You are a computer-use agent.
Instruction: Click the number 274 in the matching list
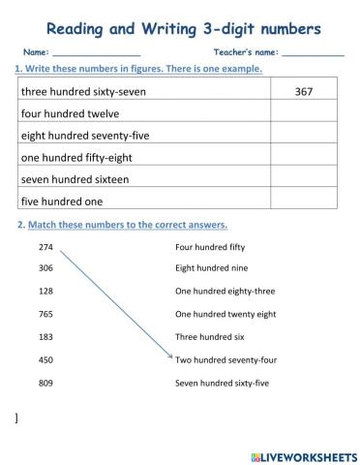pyautogui.click(x=45, y=247)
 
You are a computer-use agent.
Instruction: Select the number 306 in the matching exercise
pyautogui.click(x=45, y=268)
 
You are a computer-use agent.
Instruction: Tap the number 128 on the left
pyautogui.click(x=45, y=292)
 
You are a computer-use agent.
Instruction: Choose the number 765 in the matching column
pyautogui.click(x=45, y=314)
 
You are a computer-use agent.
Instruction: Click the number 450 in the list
pyautogui.click(x=45, y=359)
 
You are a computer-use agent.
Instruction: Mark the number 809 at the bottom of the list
pyautogui.click(x=45, y=383)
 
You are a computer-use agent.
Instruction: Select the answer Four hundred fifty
pyautogui.click(x=210, y=247)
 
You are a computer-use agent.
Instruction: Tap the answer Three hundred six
pyautogui.click(x=209, y=337)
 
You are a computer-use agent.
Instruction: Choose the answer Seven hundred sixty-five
pyautogui.click(x=222, y=383)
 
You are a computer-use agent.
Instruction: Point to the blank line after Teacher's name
pyautogui.click(x=314, y=52)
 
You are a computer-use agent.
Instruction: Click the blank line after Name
pyautogui.click(x=97, y=52)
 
